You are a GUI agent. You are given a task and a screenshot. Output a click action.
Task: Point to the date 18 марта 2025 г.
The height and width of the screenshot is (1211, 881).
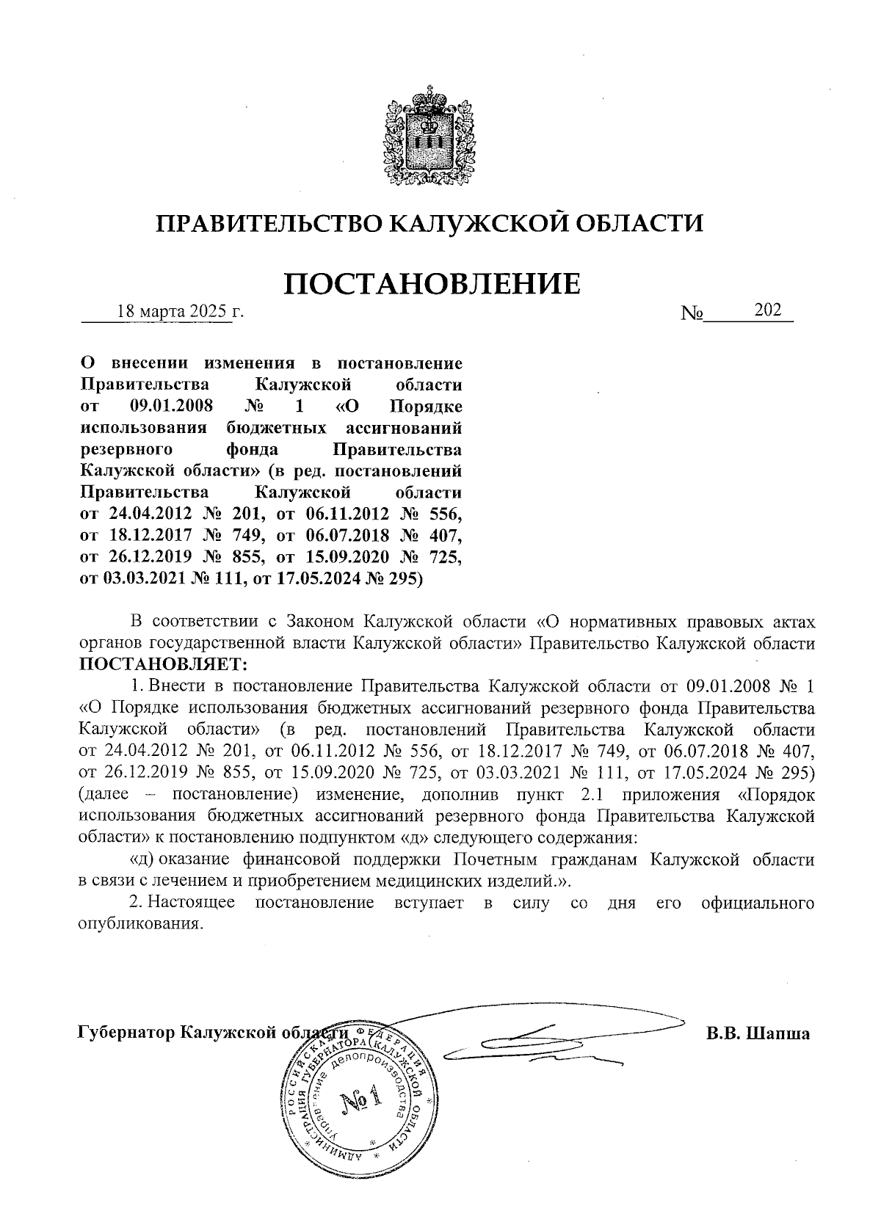(181, 311)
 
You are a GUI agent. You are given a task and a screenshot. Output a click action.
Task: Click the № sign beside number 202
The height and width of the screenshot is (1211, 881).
(692, 313)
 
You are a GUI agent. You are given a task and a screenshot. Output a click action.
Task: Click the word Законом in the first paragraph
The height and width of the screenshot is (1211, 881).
(322, 622)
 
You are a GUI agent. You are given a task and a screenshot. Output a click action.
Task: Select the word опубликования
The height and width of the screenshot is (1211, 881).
(139, 923)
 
